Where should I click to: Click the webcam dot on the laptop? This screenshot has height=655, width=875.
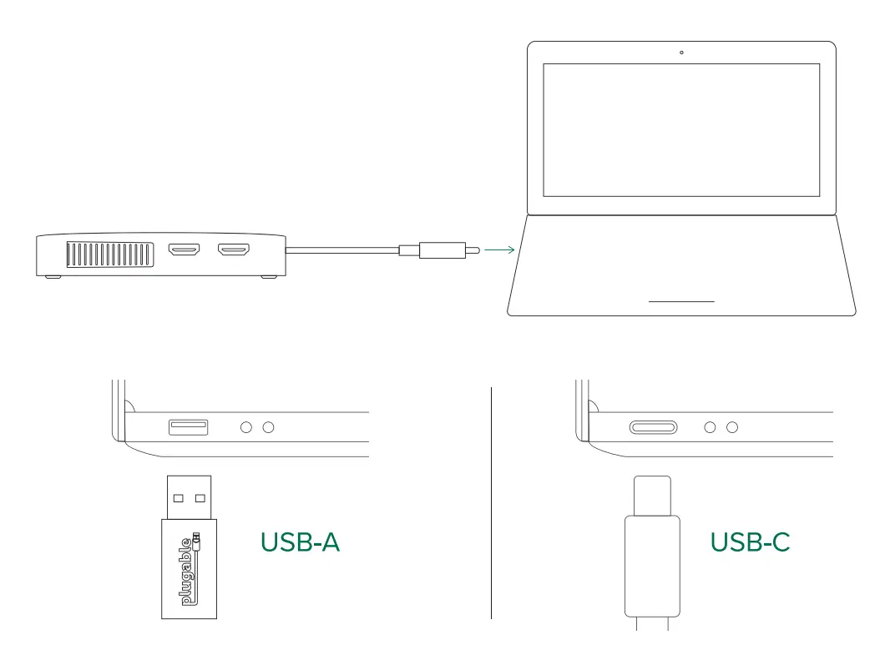tap(681, 53)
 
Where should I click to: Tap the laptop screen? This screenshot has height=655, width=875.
tap(681, 129)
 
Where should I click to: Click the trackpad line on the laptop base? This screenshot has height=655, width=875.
tap(681, 300)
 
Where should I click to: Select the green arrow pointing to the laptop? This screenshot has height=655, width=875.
tap(498, 249)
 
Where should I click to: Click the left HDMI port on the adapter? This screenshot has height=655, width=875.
tap(183, 249)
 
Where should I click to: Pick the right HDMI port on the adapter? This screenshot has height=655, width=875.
tap(234, 249)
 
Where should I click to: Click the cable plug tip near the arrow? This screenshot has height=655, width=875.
tap(473, 249)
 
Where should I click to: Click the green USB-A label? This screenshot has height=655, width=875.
tap(301, 542)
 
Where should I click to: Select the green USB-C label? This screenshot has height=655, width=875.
tap(750, 542)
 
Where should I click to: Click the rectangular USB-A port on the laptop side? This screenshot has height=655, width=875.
tap(189, 427)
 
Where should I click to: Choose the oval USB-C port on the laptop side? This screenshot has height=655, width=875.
tap(653, 427)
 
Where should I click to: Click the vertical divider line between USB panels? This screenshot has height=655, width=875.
tap(491, 501)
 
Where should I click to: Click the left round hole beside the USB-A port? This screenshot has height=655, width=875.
tap(245, 427)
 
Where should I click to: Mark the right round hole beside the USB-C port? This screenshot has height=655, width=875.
tap(732, 427)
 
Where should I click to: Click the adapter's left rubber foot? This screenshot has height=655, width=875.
tap(52, 278)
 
